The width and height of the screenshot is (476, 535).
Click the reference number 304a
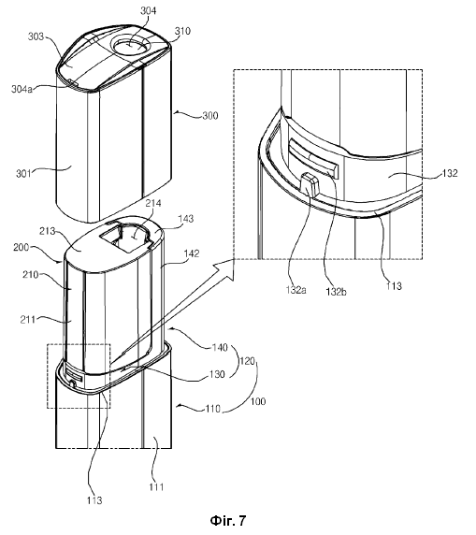(x=22, y=90)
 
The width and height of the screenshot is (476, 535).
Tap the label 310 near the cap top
(x=182, y=31)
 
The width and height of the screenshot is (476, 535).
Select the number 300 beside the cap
(x=210, y=116)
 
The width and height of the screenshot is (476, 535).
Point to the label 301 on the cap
(x=23, y=174)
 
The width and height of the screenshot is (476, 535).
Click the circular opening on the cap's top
(x=130, y=46)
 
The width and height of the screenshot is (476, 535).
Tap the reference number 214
(x=153, y=203)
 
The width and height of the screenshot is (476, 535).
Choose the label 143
(x=185, y=219)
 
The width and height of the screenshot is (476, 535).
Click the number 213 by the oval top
(x=48, y=231)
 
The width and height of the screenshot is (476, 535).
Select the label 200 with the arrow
(x=22, y=247)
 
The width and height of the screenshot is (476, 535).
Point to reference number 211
(x=28, y=320)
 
